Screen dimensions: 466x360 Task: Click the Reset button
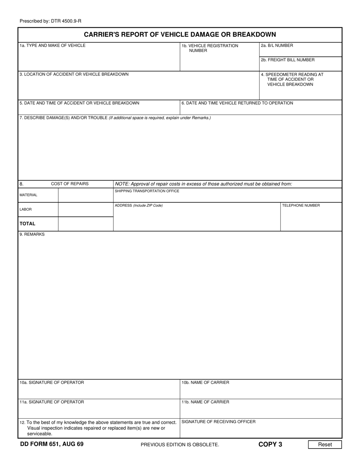point(325,444)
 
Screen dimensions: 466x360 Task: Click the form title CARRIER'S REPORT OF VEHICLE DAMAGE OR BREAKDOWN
point(180,34)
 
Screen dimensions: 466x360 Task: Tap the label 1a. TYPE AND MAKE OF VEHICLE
point(53,45)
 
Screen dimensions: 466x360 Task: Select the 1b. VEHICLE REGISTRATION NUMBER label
point(210,48)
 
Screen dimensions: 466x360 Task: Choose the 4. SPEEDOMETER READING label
point(291,80)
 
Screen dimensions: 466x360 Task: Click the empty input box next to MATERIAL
point(86,195)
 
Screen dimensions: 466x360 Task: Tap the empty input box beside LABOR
point(86,210)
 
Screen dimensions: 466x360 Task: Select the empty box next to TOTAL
point(86,224)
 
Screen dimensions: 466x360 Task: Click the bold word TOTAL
point(28,224)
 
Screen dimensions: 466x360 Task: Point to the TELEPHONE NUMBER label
point(301,206)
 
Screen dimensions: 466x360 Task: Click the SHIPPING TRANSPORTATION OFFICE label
point(147,191)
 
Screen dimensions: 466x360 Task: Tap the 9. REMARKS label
point(32,235)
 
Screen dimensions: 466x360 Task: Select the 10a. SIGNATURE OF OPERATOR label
point(52,383)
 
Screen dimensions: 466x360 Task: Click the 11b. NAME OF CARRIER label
point(205,402)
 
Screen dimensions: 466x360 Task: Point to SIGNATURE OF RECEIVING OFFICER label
point(219,422)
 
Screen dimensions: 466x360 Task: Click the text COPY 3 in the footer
point(270,444)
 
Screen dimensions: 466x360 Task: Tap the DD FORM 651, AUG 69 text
point(52,444)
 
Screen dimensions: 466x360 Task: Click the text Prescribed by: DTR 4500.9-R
point(50,22)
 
